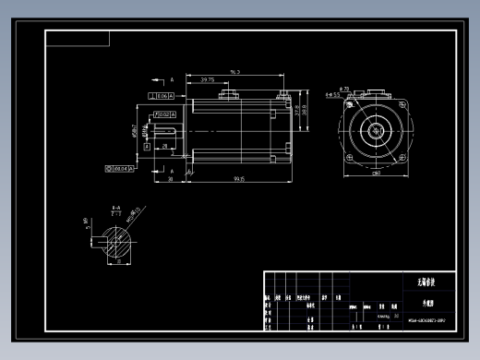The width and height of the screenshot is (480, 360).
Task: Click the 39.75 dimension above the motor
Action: (208, 80)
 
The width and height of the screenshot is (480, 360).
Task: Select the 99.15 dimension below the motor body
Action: (239, 178)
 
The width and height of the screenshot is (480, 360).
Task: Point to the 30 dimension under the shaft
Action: (171, 178)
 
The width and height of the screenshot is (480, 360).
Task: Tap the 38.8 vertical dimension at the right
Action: (305, 109)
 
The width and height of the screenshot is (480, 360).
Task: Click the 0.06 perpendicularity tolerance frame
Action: (162, 96)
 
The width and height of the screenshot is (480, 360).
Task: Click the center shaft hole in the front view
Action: (377, 131)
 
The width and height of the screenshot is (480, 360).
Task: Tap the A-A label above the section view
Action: (116, 209)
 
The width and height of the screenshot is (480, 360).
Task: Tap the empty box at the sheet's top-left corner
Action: (78, 38)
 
